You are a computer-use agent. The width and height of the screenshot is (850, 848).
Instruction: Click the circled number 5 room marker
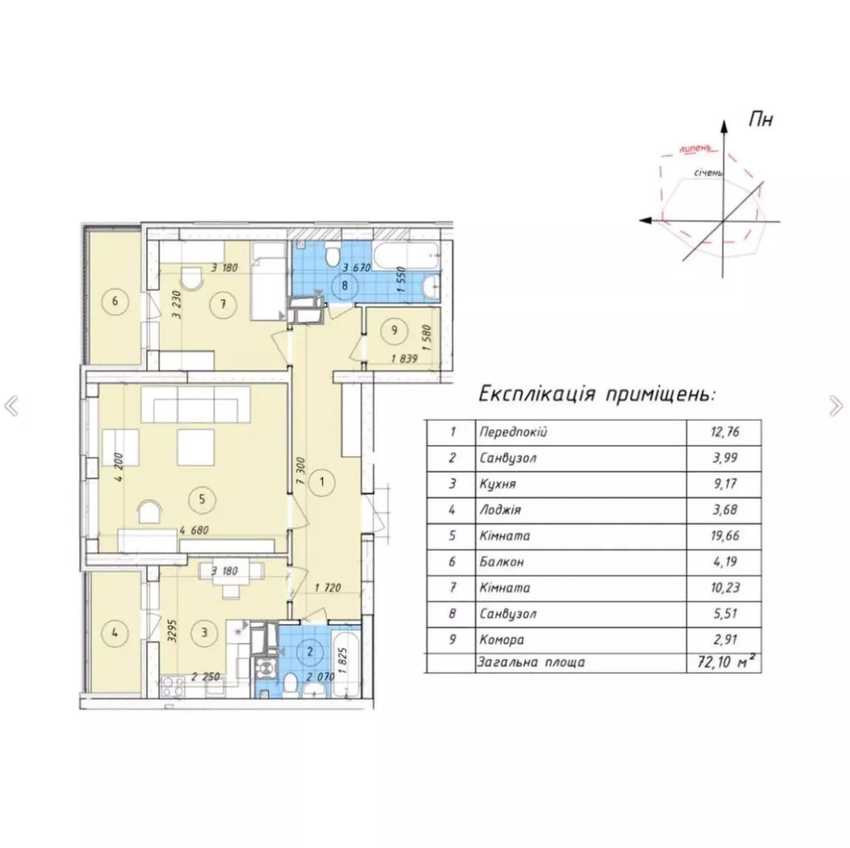[202, 499]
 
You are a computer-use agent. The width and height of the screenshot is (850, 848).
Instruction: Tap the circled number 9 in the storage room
[394, 330]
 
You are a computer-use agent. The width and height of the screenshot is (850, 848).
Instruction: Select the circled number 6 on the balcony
[115, 302]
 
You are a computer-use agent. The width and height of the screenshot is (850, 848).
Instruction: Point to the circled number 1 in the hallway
[322, 482]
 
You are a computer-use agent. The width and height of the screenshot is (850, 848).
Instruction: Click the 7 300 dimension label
[301, 470]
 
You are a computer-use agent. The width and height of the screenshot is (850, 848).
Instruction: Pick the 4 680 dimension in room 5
[194, 530]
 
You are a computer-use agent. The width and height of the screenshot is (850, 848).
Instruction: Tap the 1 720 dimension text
[328, 587]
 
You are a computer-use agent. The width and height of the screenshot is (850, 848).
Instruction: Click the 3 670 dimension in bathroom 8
[356, 268]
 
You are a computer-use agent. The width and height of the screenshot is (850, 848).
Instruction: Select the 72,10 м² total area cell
[726, 662]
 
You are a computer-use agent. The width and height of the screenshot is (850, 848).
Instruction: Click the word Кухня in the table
[497, 484]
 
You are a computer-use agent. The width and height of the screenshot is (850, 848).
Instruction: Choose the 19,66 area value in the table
[725, 536]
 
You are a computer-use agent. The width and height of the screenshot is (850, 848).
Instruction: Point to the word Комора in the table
[501, 640]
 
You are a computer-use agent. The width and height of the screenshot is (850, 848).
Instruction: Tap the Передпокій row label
[513, 432]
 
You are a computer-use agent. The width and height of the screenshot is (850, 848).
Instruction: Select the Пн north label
[761, 119]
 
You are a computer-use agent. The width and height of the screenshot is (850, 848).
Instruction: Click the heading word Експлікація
[537, 395]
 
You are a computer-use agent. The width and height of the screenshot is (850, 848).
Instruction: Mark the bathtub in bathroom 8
[406, 256]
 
